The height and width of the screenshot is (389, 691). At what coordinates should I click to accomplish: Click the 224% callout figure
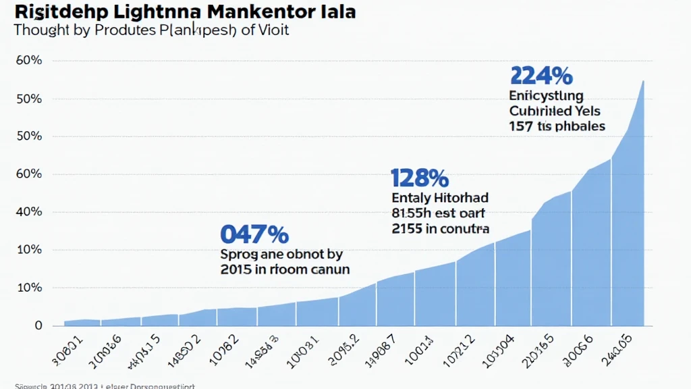pos(542,75)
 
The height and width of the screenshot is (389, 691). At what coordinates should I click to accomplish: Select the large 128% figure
pos(419,178)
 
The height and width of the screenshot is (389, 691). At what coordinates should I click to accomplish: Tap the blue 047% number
pos(254,234)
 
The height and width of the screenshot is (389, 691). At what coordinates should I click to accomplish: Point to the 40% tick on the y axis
pos(29,212)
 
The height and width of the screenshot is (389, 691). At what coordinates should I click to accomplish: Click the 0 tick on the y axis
pos(38,326)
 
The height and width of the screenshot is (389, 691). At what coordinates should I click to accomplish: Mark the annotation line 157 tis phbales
pos(557,126)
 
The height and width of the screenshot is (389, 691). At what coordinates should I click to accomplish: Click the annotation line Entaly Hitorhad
pos(440,199)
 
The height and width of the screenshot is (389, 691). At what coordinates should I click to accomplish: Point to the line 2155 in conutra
pos(440,229)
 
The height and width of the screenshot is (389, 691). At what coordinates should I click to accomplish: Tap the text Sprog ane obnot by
pos(281,255)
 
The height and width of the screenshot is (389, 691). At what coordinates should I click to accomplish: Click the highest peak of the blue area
pos(643,81)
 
